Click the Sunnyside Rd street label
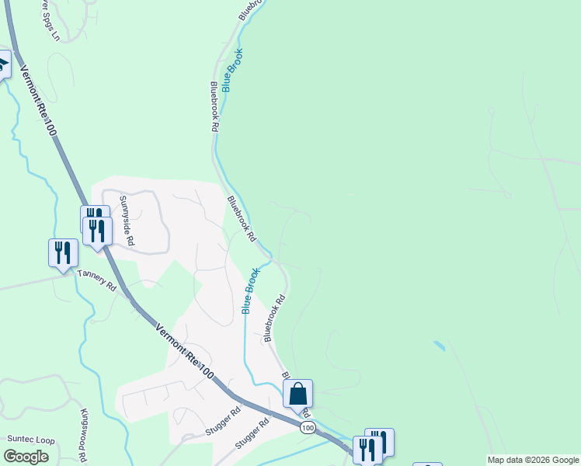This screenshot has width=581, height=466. coord(126,221)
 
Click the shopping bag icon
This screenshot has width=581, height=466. coord(297,395)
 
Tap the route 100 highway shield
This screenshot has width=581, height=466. coord(308,428)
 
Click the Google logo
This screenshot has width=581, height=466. coord(26,457)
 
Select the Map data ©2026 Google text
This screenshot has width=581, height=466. coord(534,460)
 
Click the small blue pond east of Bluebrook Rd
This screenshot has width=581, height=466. coord(440,344)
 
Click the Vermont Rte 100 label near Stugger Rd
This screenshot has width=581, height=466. coord(184,352)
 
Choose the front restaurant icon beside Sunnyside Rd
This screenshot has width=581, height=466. coord(98,231)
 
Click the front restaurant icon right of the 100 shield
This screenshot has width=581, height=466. coord(367,450)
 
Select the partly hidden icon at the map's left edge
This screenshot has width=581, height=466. coord(3,64)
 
